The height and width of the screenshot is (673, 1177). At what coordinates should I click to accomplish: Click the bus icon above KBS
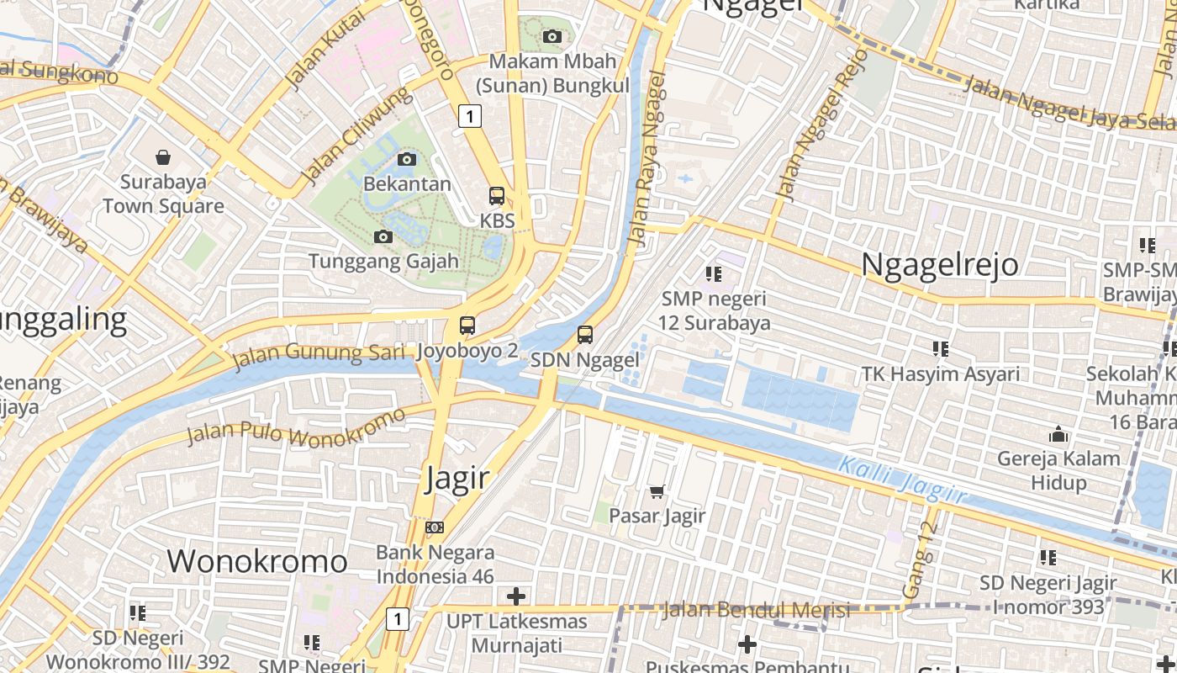pyautogui.click(x=497, y=196)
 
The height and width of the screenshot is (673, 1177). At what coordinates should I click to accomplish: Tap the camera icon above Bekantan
pyautogui.click(x=407, y=159)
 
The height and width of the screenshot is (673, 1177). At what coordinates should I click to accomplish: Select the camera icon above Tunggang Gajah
pyautogui.click(x=383, y=236)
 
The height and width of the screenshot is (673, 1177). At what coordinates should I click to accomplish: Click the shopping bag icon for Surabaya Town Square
pyautogui.click(x=163, y=156)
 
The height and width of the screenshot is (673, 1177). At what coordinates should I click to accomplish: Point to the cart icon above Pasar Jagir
pyautogui.click(x=657, y=491)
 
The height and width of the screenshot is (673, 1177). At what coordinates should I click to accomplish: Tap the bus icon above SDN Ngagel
pyautogui.click(x=585, y=335)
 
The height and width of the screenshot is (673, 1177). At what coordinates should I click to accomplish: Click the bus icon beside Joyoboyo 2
pyautogui.click(x=467, y=326)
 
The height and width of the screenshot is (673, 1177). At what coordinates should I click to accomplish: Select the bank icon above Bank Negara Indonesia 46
pyautogui.click(x=435, y=527)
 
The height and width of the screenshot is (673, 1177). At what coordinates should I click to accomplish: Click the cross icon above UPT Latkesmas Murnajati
pyautogui.click(x=516, y=596)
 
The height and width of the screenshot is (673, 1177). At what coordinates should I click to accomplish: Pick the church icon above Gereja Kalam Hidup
pyautogui.click(x=1058, y=434)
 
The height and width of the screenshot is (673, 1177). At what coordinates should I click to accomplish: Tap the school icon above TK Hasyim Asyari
pyautogui.click(x=940, y=348)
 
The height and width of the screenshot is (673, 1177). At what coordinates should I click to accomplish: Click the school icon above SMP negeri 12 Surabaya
pyautogui.click(x=714, y=273)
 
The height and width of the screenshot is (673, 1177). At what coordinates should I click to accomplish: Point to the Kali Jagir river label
pyautogui.click(x=902, y=480)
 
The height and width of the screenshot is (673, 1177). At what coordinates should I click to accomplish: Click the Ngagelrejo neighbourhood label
pyautogui.click(x=940, y=264)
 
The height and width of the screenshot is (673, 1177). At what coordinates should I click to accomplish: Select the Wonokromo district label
pyautogui.click(x=257, y=561)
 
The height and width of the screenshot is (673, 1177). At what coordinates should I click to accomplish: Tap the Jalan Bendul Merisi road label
pyautogui.click(x=757, y=610)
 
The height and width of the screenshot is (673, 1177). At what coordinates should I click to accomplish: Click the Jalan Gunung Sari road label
pyautogui.click(x=319, y=355)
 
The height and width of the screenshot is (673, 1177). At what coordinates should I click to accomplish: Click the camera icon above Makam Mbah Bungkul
pyautogui.click(x=552, y=36)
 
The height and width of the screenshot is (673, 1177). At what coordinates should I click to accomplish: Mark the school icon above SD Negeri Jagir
pyautogui.click(x=1048, y=557)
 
